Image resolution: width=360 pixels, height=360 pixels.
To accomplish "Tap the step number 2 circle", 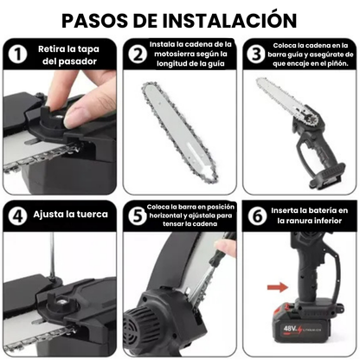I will (x=137, y=53).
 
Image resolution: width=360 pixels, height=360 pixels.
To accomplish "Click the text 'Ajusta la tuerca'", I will (x=70, y=215).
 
